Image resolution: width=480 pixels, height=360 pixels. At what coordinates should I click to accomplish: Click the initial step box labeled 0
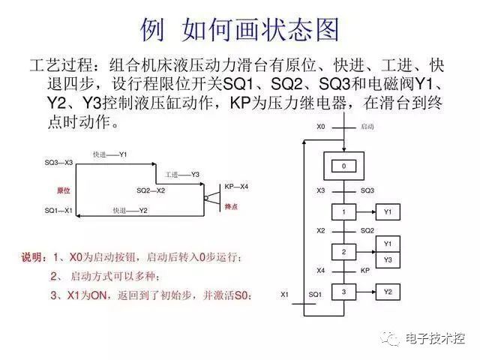(343, 166)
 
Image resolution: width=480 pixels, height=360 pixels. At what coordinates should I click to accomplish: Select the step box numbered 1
(343, 211)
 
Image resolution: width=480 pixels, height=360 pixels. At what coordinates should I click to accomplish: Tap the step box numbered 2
(343, 252)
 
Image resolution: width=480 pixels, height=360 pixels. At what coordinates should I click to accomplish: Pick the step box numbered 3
(343, 292)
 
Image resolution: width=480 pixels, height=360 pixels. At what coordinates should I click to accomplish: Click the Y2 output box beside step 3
(388, 292)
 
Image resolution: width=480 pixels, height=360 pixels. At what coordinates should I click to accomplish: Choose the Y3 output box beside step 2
(388, 260)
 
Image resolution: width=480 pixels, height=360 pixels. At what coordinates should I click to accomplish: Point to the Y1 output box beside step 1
(388, 211)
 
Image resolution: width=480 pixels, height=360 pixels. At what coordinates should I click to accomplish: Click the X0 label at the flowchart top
(320, 127)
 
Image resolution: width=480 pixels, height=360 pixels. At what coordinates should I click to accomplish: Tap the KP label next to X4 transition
(365, 271)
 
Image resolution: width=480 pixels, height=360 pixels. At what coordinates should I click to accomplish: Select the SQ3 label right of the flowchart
(367, 190)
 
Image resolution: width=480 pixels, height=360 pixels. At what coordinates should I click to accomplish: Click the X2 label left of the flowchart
(320, 230)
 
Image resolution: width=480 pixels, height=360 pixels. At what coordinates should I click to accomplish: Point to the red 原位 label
(64, 190)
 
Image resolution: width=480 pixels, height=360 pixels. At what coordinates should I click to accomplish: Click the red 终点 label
(231, 207)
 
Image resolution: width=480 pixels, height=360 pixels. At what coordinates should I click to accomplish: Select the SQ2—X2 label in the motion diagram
(151, 190)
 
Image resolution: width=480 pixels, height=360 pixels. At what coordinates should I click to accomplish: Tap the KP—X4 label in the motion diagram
(236, 187)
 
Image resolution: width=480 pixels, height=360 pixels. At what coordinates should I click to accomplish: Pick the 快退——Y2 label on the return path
(130, 211)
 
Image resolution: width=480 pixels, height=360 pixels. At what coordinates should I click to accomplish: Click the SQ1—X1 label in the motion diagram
(58, 211)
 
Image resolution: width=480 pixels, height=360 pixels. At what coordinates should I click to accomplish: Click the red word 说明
(31, 257)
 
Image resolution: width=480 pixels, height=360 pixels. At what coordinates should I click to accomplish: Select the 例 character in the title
(152, 30)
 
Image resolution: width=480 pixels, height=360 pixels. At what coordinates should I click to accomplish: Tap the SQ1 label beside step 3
(315, 295)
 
